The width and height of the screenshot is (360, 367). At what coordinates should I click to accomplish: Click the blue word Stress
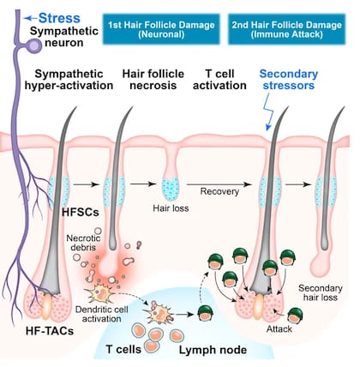pos(59,18)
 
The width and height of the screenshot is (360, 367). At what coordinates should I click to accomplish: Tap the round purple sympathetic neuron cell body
pos(36,45)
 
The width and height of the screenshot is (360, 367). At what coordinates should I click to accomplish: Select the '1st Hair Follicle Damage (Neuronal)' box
pos(161,29)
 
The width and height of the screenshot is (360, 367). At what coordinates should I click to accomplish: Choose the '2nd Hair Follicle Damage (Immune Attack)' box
pos(287,29)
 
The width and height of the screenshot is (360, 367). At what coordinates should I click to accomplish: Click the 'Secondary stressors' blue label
pos(289,80)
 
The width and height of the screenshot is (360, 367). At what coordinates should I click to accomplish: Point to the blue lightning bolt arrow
pos(268,111)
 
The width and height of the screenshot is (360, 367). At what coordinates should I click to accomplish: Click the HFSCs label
pos(81,213)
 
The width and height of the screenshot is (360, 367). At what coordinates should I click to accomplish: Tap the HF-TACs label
pos(50,331)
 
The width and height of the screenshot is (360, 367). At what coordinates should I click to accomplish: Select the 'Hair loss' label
pos(171,208)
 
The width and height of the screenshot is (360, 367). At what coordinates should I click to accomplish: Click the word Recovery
pos(219,191)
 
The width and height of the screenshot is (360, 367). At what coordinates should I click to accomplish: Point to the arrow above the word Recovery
pos(219,184)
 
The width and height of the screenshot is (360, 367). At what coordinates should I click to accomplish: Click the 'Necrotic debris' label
pos(83,243)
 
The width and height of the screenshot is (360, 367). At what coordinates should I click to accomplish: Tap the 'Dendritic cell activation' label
pos(102,314)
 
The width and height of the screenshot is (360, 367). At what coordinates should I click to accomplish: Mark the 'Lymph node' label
pos(213,350)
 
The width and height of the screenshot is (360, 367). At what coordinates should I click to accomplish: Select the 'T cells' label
pos(123,349)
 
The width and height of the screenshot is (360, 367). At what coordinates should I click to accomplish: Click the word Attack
pos(279,329)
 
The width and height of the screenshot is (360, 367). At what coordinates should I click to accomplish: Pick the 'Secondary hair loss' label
pos(321,292)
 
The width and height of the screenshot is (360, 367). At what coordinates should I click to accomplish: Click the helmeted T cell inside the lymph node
pos(206,313)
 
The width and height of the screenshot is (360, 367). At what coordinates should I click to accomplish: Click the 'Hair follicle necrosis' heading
pos(153,80)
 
